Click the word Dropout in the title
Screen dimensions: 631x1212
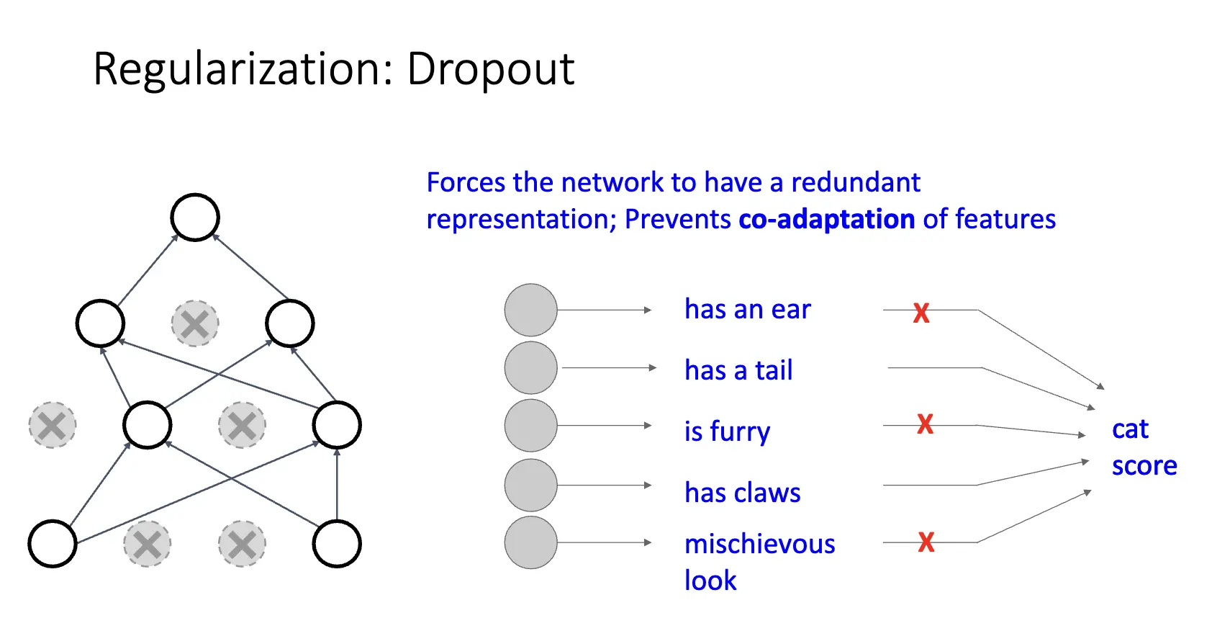pos(490,70)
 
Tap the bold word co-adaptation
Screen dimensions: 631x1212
pos(826,219)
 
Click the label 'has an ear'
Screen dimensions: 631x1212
pos(747,310)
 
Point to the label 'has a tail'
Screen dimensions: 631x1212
pos(738,370)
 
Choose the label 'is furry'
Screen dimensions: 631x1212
pos(727,431)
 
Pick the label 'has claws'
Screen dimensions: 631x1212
pos(742,493)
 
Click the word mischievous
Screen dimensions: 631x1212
pos(759,544)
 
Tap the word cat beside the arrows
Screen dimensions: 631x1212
pos(1130,429)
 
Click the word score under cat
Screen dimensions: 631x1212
pos(1144,466)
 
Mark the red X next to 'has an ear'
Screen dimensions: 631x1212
pos(921,313)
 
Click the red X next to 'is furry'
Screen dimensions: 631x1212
pos(925,424)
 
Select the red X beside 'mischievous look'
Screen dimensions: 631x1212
pos(926,542)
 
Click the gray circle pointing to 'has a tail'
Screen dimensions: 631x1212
pos(531,368)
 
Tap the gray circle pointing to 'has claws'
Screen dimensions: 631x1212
pos(531,485)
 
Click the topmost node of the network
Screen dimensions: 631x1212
pos(195,217)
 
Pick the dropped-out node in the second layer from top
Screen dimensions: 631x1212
pos(195,323)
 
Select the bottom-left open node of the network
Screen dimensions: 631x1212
pos(53,544)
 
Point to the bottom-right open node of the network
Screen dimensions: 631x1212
pos(337,544)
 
